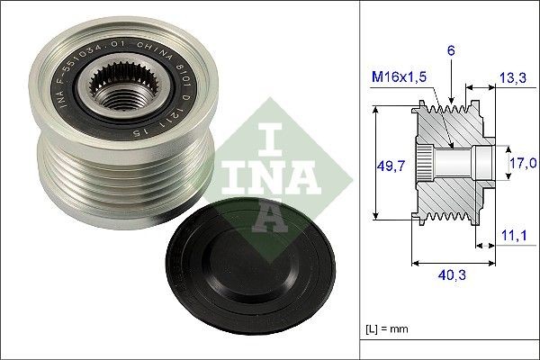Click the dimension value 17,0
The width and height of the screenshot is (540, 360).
tap(521, 163)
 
